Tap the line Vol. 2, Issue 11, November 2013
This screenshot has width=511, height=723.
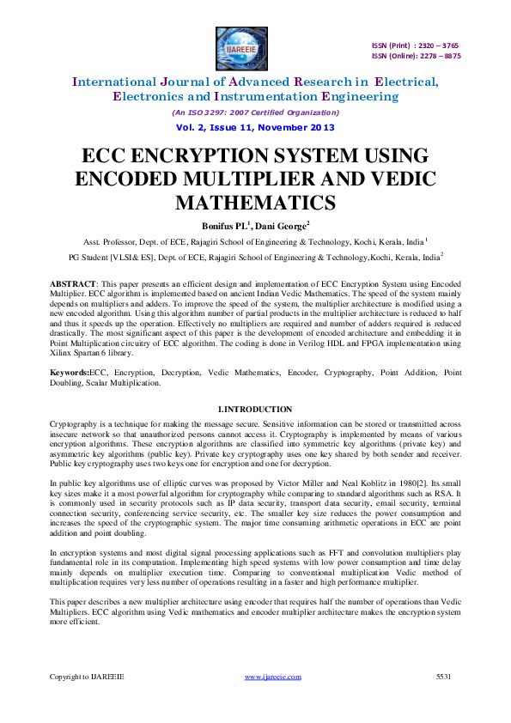pos(255,127)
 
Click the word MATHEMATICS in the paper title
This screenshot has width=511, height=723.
pos(255,203)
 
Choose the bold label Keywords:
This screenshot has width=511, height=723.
pos(70,374)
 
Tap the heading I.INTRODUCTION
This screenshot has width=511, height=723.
pos(255,409)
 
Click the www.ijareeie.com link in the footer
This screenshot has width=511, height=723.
pos(273,677)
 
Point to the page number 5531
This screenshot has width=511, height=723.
pos(444,677)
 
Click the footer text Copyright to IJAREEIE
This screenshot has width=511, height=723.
pos(87,677)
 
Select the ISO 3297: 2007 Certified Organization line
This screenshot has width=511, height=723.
pos(255,112)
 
